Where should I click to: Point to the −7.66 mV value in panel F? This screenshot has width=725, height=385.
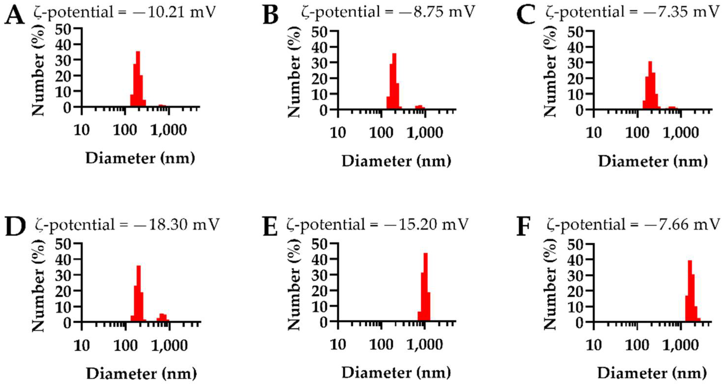click(x=690, y=225)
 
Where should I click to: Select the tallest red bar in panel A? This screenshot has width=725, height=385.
click(x=138, y=79)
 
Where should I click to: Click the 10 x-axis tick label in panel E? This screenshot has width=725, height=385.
click(x=338, y=344)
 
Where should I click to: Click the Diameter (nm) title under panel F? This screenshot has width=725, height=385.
click(x=652, y=374)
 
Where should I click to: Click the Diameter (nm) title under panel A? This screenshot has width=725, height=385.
click(x=140, y=158)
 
